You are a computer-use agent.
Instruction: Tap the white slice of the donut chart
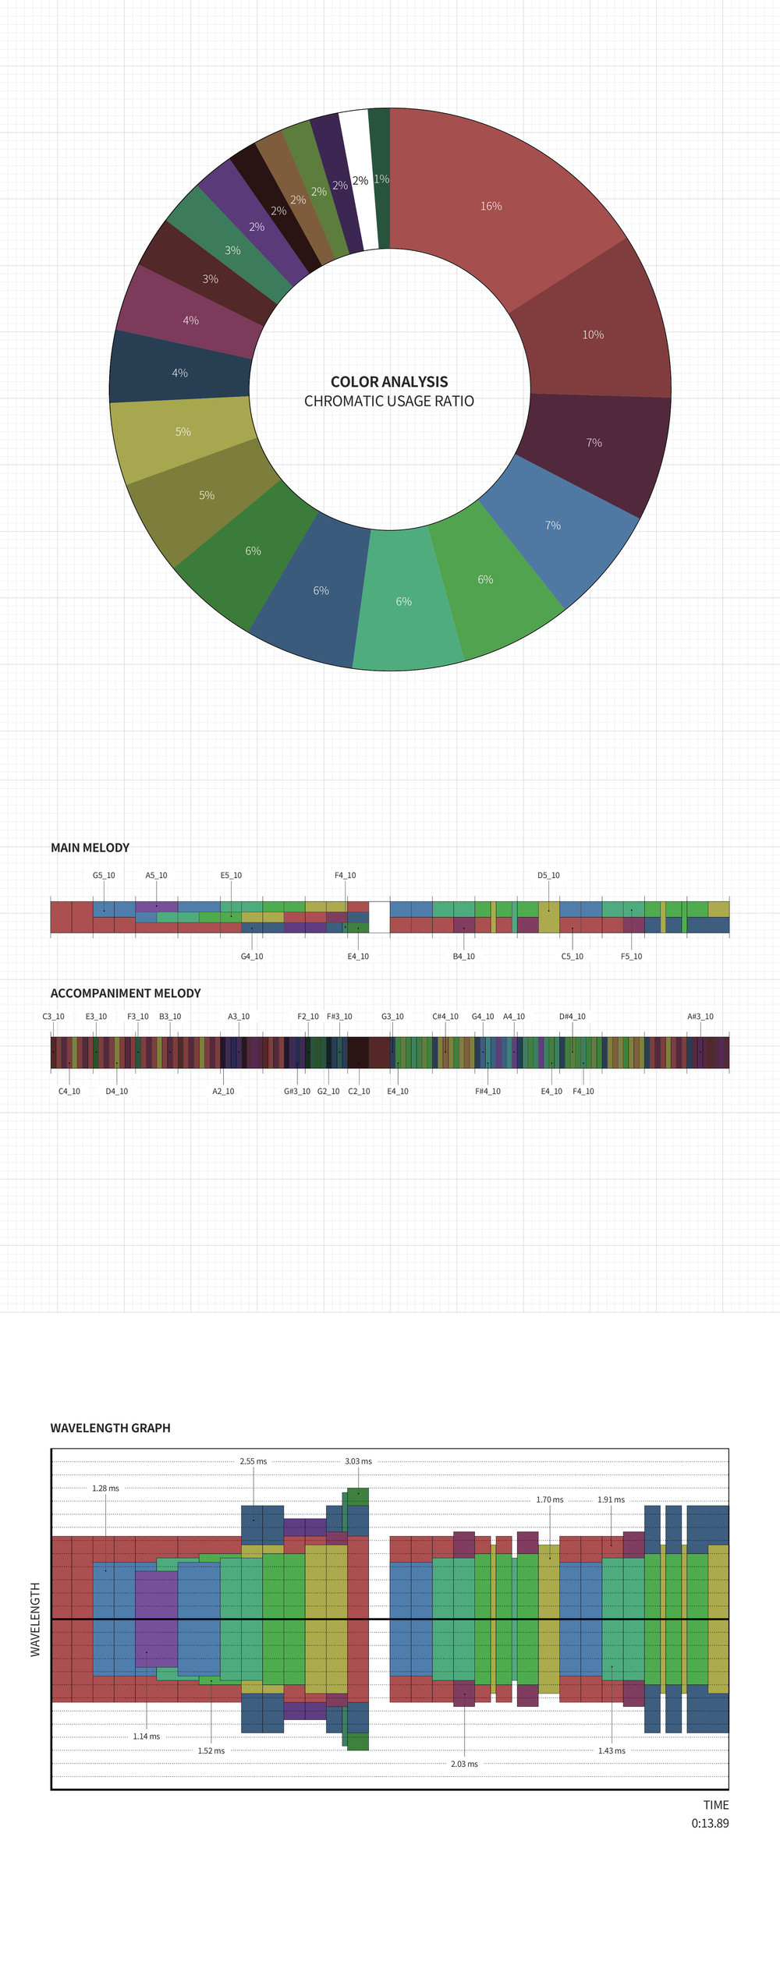point(357,179)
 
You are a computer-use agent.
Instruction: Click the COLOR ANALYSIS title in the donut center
point(389,382)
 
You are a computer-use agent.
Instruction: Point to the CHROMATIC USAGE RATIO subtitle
point(389,402)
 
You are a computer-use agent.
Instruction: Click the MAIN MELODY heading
point(90,848)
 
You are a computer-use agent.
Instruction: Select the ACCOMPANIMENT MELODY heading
point(126,993)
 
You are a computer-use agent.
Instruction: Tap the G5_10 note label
point(104,876)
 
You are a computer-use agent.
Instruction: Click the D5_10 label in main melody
point(548,876)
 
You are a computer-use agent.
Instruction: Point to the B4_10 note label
point(463,957)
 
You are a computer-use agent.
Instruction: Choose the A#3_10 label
point(700,1017)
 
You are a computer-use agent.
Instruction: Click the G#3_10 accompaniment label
point(296,1092)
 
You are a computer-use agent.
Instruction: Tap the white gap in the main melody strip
point(379,917)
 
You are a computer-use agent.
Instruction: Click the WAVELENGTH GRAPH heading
point(110,1428)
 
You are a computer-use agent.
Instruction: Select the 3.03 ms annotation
point(358,1461)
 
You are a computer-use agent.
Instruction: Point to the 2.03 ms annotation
point(464,1764)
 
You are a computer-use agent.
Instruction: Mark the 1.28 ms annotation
point(105,1488)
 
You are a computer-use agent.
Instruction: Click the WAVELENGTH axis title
point(35,1619)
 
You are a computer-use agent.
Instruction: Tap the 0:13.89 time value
point(710,1824)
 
